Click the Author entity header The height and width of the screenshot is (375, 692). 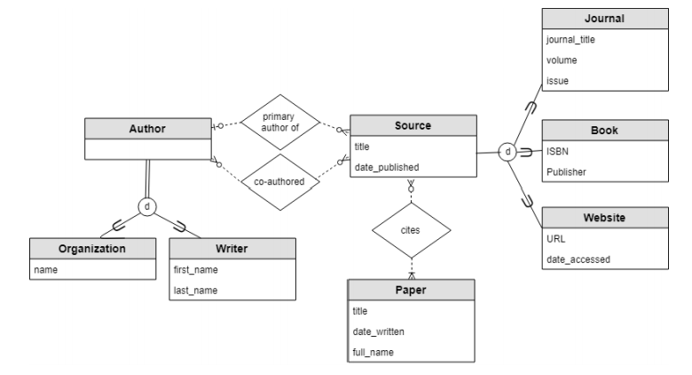pos(147,128)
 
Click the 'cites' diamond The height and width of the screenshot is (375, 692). pos(410,228)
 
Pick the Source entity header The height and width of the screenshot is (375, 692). pos(413,126)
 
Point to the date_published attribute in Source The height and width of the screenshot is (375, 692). pos(387,167)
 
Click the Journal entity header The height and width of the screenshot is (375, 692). pos(604,19)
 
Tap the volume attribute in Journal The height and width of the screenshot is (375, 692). pos(562,61)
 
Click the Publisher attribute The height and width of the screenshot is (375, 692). pos(566,172)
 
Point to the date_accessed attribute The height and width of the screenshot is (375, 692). pos(578,259)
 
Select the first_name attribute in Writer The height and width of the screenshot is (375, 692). pos(196,270)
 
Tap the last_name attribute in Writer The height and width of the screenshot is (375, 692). pos(195,290)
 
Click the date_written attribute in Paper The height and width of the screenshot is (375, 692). pos(380,331)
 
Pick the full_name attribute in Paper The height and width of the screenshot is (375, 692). pos(373,352)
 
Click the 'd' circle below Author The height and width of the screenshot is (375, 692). pos(147,206)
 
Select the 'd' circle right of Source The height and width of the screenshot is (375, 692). pos(506,151)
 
